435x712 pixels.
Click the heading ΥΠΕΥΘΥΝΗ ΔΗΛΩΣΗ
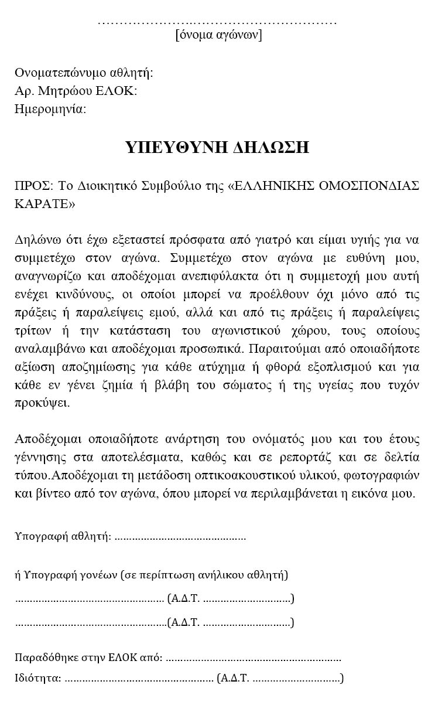217,147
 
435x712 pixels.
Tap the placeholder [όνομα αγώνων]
218,35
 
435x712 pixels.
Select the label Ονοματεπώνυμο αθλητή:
84,73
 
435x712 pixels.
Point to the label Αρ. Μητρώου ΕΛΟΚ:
76,91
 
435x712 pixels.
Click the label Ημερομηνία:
50,109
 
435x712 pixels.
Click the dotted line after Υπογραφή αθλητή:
180,536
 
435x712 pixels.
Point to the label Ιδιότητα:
37,679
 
